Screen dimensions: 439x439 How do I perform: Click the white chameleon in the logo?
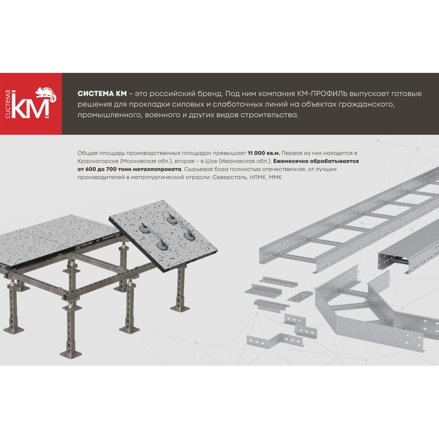pyautogui.click(x=46, y=94)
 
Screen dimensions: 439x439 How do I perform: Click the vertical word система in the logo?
pyautogui.click(x=8, y=104)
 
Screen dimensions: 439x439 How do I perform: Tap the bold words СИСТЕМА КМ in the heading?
pyautogui.click(x=102, y=94)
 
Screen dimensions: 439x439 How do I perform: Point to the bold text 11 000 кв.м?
pyautogui.click(x=264, y=153)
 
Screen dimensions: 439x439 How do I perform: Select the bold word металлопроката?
pyautogui.click(x=157, y=169)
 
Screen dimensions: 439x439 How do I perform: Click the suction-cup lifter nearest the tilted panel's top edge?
pyautogui.click(x=181, y=227)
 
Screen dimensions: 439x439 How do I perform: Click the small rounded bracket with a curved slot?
pyautogui.click(x=300, y=296)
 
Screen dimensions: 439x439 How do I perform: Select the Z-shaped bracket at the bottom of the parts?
pyautogui.click(x=275, y=340)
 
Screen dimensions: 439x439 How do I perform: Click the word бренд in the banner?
pyautogui.click(x=208, y=94)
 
